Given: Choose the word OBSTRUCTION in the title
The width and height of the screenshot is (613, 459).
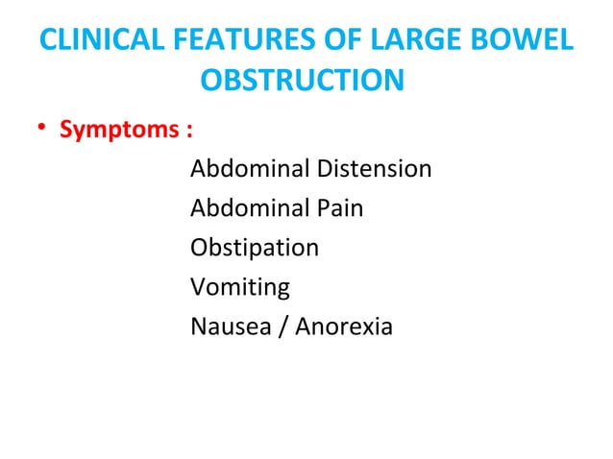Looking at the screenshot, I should point(301,81).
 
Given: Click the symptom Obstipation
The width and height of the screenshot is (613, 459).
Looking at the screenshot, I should point(255,249).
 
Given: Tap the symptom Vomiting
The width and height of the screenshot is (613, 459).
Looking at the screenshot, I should point(239,288).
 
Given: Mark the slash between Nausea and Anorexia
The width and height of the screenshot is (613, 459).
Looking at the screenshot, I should point(286,326).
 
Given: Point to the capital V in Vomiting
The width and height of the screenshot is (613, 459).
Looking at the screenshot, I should point(198,287).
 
